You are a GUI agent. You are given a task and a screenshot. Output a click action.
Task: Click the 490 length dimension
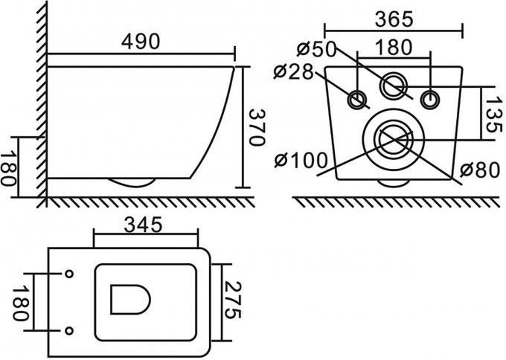coord(141,42)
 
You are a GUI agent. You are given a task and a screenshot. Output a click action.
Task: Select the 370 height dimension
coord(257,127)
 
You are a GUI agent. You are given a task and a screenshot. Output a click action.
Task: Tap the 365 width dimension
coord(394,19)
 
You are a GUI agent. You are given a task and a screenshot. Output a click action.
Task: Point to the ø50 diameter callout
coord(316,49)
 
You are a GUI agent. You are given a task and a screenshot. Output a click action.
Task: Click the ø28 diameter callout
coord(293,72)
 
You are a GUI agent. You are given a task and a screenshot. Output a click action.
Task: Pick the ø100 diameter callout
coord(301,160)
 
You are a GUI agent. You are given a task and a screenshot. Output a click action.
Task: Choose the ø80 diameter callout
coord(480,170)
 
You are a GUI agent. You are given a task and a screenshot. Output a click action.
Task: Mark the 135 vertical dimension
coord(494,115)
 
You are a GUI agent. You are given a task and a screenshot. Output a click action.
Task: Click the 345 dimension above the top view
coord(143,225)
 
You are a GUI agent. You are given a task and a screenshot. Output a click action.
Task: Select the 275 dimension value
coord(233,300)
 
